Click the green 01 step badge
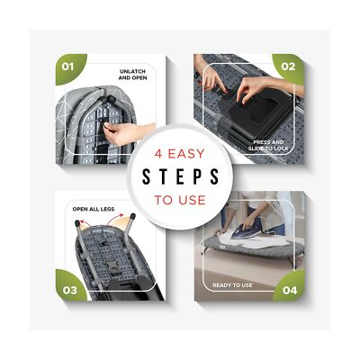click(x=69, y=68)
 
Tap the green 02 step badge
click(x=289, y=68)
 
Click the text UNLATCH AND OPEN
click(x=132, y=75)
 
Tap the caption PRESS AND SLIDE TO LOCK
click(x=268, y=145)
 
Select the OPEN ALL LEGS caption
click(x=94, y=209)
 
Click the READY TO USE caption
click(x=232, y=285)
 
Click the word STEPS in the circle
click(x=180, y=176)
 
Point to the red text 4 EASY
click(x=179, y=154)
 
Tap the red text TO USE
click(x=180, y=200)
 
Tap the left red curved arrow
click(x=85, y=223)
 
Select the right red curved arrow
click(x=115, y=218)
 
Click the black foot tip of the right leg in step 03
click(x=132, y=216)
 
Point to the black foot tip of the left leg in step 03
click(x=77, y=223)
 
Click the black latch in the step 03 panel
click(x=113, y=265)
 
